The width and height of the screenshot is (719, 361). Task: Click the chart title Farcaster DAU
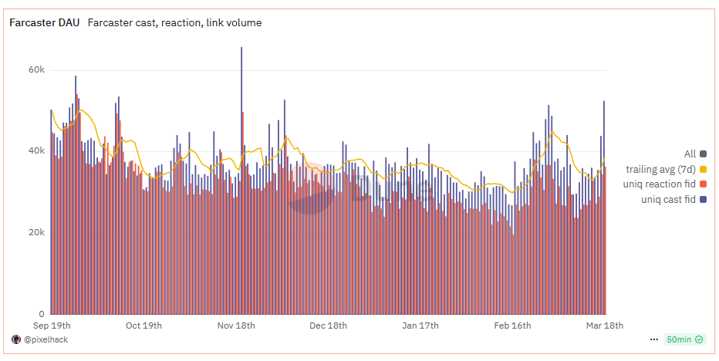(x=43, y=23)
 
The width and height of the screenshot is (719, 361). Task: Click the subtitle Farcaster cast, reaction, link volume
(x=174, y=23)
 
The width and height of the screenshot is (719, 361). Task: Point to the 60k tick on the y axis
(x=36, y=69)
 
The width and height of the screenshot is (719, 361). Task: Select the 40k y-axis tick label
(x=36, y=151)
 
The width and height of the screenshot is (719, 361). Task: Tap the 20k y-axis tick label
(x=36, y=233)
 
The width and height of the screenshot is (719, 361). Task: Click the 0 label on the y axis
(x=42, y=314)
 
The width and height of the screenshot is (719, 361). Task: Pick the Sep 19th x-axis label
(x=52, y=326)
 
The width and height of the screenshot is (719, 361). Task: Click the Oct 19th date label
(x=143, y=326)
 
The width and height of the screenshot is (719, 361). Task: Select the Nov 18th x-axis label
(x=236, y=326)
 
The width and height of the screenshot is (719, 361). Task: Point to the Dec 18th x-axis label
(x=328, y=326)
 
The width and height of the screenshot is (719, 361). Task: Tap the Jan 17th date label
(x=420, y=326)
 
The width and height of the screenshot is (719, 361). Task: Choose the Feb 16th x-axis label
(x=512, y=326)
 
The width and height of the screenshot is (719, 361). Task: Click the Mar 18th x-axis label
(x=605, y=326)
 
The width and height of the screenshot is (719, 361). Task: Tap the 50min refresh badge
(x=683, y=339)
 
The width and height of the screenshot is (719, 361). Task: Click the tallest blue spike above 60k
(x=241, y=49)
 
